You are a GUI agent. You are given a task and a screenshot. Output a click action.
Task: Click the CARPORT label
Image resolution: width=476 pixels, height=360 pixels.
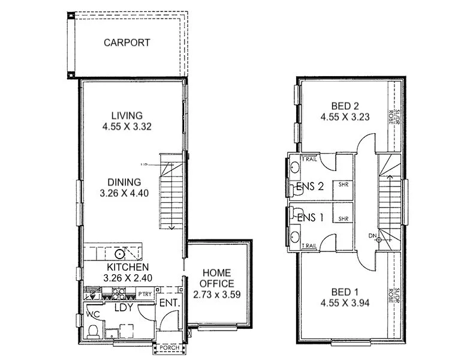126,43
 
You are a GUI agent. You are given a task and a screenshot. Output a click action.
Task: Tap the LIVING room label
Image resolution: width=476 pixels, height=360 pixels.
126,116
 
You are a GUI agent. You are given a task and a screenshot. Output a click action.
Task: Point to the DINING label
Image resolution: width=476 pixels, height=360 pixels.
124,182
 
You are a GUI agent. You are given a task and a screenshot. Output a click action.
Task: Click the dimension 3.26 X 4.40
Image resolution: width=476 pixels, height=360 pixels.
124,193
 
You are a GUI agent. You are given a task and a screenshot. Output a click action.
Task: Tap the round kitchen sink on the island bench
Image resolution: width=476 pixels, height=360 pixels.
120,253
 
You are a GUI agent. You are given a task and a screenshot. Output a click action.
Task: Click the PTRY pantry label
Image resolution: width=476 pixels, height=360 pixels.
144,294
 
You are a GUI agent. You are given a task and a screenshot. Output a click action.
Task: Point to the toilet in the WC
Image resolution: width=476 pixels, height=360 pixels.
93,331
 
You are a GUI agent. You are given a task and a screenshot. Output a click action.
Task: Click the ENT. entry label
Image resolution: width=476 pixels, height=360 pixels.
170,304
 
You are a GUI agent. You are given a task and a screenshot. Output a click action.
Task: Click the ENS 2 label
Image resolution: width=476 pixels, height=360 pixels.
311,187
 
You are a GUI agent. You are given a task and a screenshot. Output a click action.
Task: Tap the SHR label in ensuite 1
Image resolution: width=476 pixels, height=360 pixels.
344,220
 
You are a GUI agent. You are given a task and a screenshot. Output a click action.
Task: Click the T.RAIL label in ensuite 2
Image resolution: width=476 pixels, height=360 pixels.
310,159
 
